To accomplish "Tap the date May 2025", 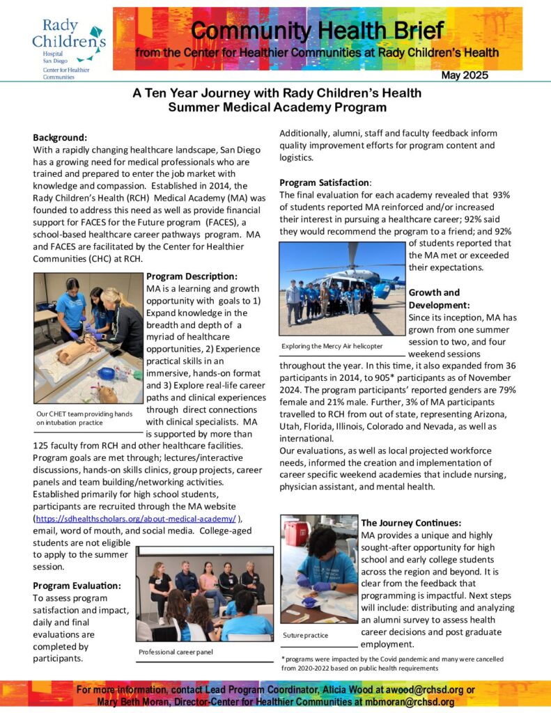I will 465,75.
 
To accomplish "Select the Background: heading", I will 61,137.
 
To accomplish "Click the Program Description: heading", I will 192,276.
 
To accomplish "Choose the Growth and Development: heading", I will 440,299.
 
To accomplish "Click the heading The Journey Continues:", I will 411,523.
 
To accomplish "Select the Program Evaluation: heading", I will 77,586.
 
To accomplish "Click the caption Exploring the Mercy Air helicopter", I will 332,346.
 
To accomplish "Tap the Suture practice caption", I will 306,635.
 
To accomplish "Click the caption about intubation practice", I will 84,418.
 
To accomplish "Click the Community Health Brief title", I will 316,31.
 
